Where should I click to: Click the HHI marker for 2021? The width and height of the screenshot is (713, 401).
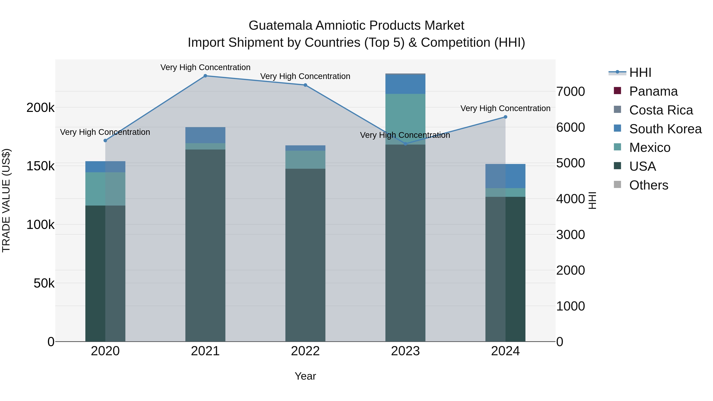(205, 76)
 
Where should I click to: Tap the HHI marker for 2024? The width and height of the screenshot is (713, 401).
(505, 117)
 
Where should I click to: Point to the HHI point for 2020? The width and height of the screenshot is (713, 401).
(105, 141)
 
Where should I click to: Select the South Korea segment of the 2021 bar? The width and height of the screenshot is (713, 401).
(205, 135)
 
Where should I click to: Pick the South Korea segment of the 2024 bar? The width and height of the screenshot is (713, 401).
(505, 176)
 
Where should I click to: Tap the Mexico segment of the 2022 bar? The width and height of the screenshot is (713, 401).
(305, 160)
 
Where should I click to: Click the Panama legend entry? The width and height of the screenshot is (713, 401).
(653, 91)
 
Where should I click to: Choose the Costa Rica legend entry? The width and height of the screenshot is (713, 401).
(661, 110)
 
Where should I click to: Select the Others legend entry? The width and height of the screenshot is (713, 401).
(648, 185)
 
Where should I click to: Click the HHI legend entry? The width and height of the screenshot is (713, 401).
(640, 72)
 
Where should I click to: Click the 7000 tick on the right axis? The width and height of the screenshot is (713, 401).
(571, 92)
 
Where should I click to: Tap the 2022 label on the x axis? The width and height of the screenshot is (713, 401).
(305, 351)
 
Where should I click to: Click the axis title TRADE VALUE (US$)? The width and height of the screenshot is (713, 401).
(6, 200)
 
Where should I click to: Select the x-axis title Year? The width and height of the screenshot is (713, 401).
(305, 376)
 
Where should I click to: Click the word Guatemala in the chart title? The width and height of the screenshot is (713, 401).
(281, 26)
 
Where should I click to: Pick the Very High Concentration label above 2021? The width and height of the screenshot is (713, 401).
(205, 67)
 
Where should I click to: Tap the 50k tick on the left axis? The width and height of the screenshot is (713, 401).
(44, 283)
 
